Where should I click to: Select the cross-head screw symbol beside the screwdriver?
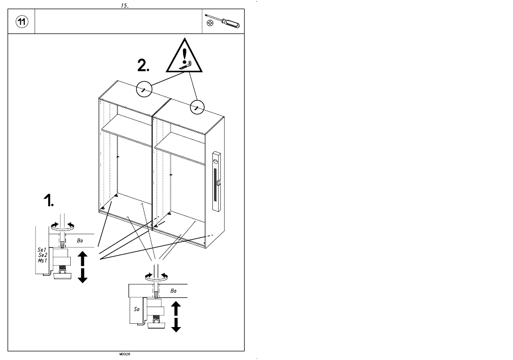(211, 24)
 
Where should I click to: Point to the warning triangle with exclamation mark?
(185, 57)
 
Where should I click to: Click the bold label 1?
(49, 201)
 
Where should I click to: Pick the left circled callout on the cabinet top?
(144, 89)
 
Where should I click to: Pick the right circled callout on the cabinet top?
(197, 107)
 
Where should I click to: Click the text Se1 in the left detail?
(42, 250)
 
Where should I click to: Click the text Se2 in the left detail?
(43, 255)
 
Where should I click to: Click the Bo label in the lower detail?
(173, 290)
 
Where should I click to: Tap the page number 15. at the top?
(124, 5)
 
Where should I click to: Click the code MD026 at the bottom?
(125, 355)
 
